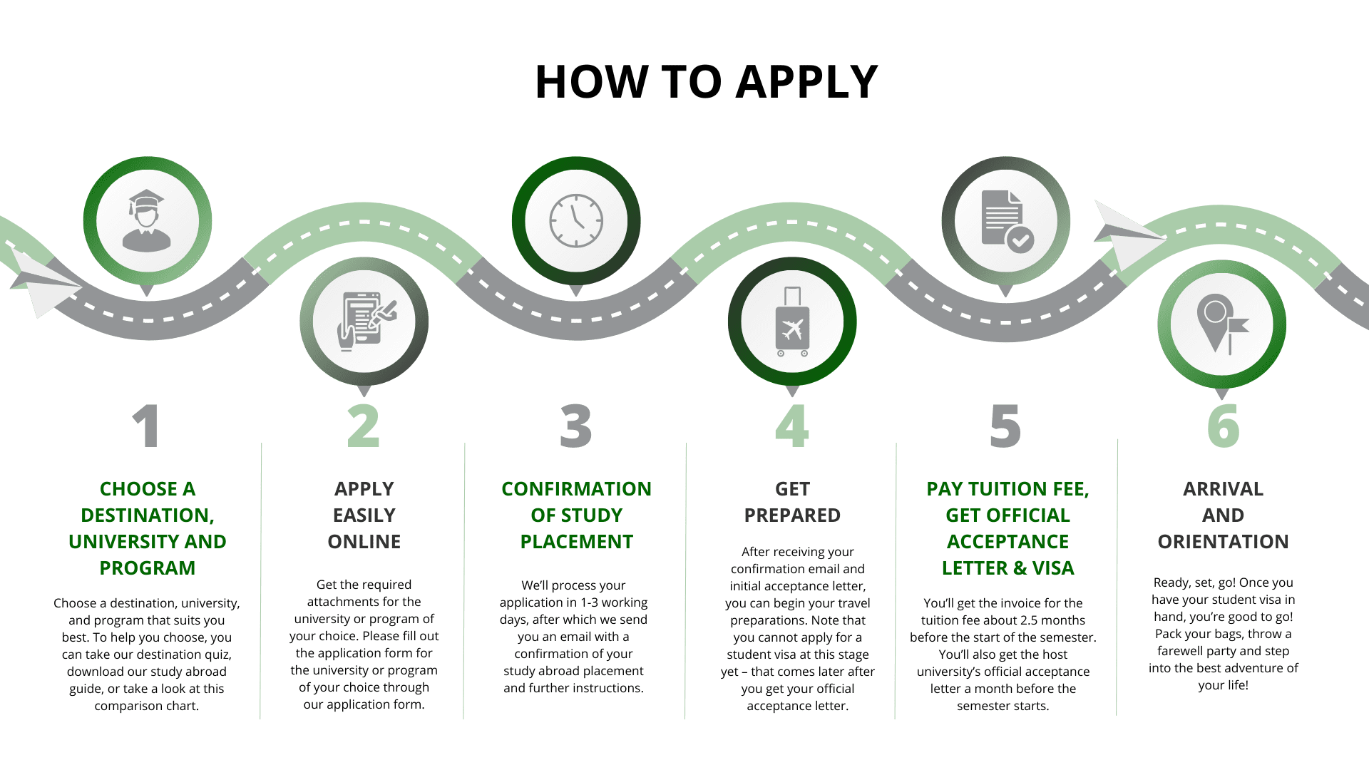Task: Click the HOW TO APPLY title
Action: tap(706, 81)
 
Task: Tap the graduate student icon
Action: tap(147, 220)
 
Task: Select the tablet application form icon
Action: tap(364, 321)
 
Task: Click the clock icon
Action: tap(576, 221)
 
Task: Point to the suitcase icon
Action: tap(792, 322)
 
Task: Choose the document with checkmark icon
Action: tap(1006, 221)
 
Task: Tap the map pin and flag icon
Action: tap(1221, 324)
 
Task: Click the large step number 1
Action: tap(146, 426)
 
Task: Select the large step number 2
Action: tap(364, 426)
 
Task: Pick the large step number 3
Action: tap(576, 426)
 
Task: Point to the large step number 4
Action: tap(792, 426)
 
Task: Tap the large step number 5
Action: tap(1005, 426)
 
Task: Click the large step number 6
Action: tap(1223, 426)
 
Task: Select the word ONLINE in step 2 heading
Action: tap(364, 542)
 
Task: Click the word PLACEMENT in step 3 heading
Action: tap(576, 542)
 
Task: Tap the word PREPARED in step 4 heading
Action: tap(792, 515)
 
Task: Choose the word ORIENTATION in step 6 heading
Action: tap(1223, 542)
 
